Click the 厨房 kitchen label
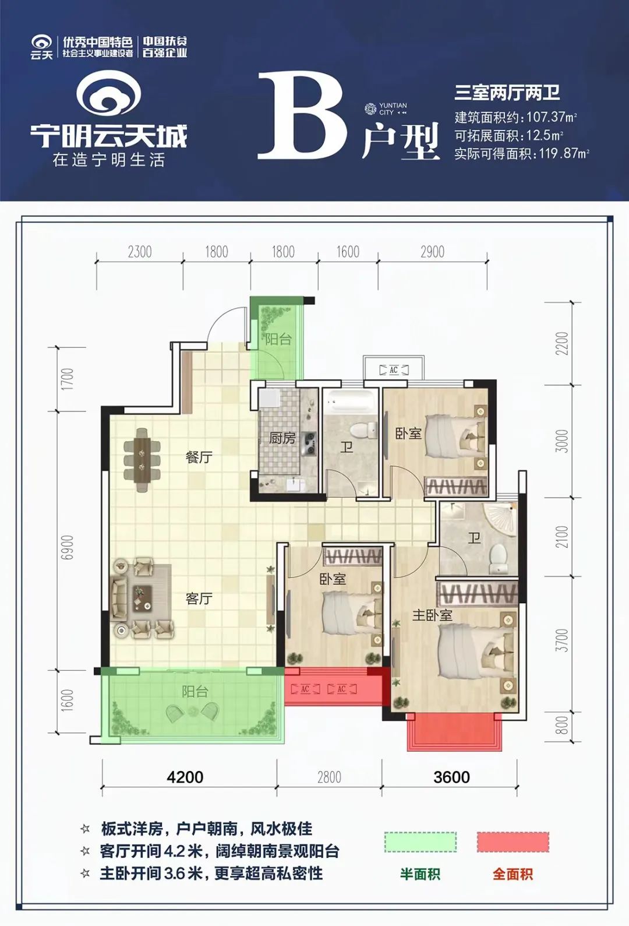(282, 438)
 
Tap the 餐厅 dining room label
(199, 457)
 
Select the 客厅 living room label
(199, 598)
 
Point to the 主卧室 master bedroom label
(432, 615)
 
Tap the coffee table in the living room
(142, 597)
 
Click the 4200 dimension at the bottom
(185, 777)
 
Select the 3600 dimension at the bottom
(451, 777)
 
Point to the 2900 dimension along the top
(432, 252)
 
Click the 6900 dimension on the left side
(68, 547)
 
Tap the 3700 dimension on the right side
(561, 640)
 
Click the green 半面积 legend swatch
(420, 842)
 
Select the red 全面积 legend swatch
(513, 842)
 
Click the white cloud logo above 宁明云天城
(109, 93)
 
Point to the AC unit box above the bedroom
(394, 369)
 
